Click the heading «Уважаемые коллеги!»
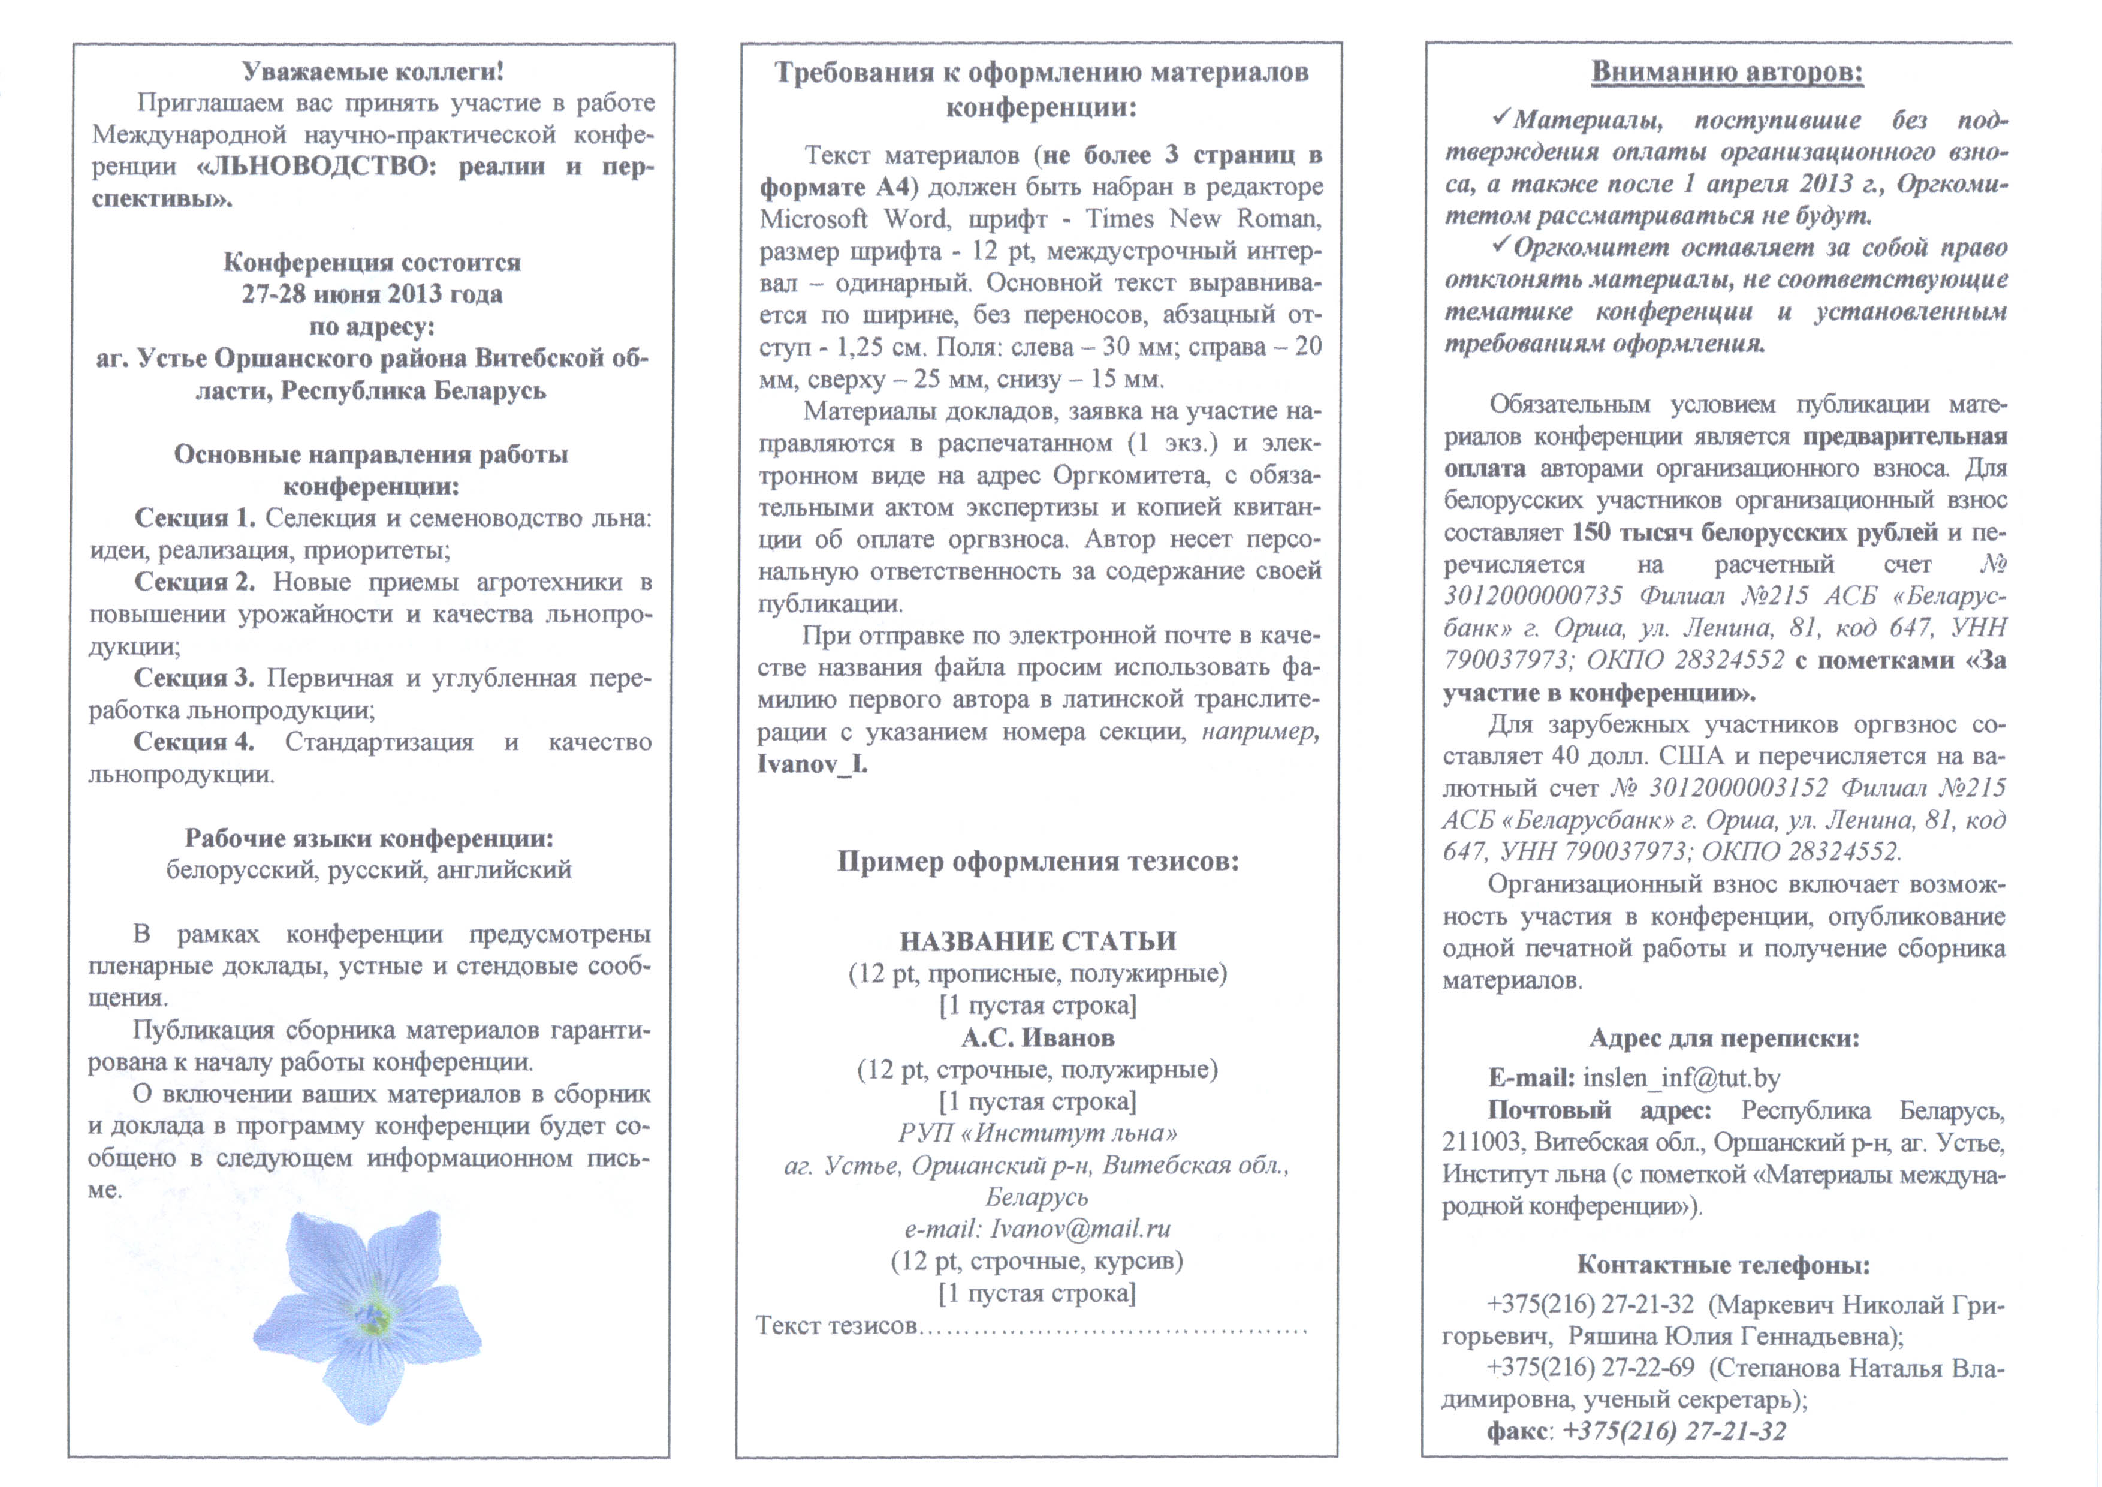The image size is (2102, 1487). tap(373, 71)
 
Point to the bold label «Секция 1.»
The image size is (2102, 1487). tap(195, 518)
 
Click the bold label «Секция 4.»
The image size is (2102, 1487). tap(194, 742)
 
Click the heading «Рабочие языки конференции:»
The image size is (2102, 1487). tap(369, 838)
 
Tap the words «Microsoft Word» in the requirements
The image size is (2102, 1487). tap(840, 219)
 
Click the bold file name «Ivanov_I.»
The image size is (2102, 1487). tap(812, 764)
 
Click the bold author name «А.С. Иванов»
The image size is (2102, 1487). tap(1038, 1037)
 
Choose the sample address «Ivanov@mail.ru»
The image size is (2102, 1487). tap(1080, 1229)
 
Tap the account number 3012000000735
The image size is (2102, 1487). tap(1533, 596)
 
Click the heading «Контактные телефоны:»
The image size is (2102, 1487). tap(1723, 1265)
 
